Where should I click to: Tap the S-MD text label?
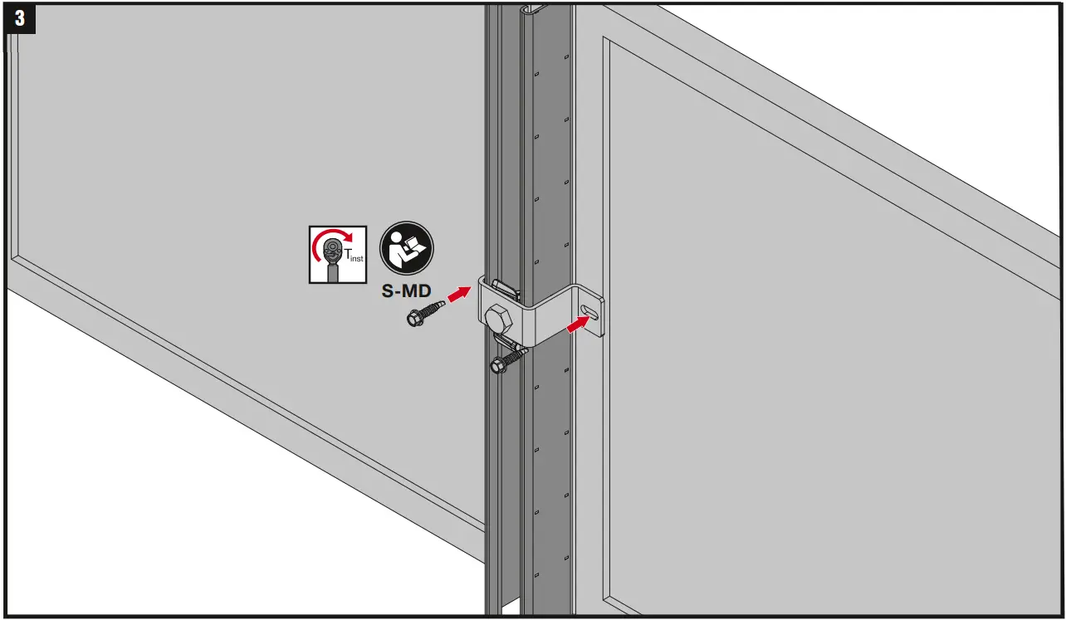(407, 292)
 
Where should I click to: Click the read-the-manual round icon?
(407, 249)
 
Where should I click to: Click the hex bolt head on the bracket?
(499, 319)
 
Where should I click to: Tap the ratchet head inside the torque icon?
(332, 247)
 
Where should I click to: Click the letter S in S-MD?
(388, 292)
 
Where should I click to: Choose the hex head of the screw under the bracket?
(498, 365)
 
